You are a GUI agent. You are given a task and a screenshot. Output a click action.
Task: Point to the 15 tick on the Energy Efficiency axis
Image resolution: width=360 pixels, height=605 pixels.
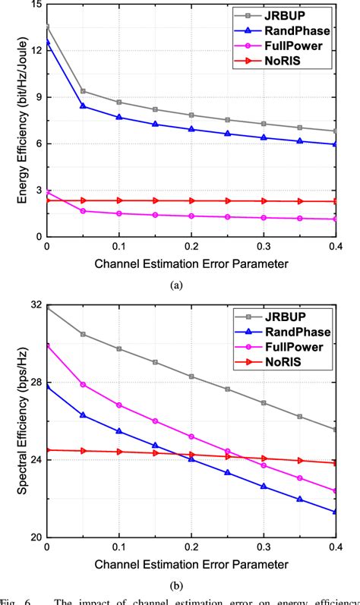(32, 5)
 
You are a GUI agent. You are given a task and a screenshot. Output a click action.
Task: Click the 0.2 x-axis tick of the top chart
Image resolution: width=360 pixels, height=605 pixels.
(191, 248)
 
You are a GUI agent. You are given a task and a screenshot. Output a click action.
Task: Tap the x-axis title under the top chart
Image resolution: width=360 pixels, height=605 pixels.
(191, 264)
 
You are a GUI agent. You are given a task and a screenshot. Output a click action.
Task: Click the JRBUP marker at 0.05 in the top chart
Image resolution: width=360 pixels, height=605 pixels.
(83, 91)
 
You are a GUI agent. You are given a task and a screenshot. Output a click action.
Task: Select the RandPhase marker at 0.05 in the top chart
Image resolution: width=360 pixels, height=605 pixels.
(83, 106)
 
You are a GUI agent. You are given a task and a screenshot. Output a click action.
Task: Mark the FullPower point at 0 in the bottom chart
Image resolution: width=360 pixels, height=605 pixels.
(47, 345)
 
